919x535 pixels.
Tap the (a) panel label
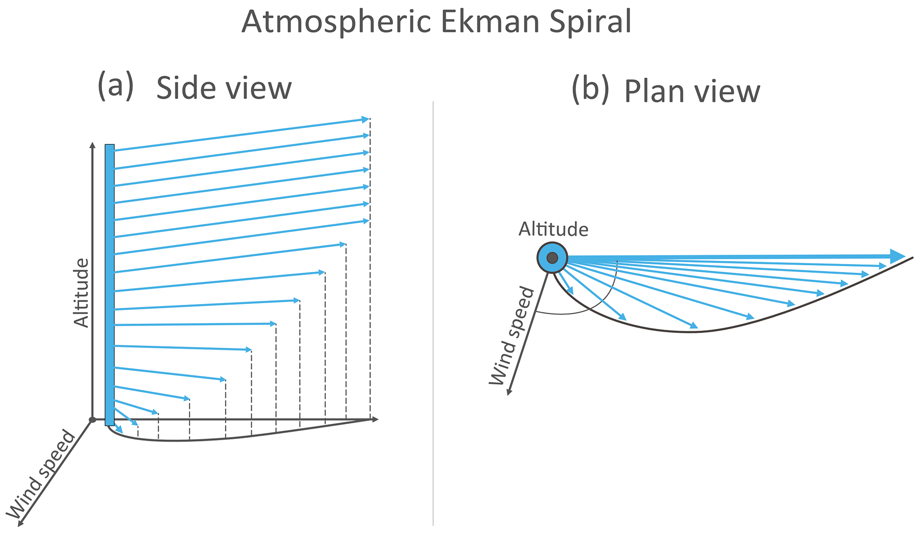pyautogui.click(x=116, y=85)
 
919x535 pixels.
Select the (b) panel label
pyautogui.click(x=590, y=89)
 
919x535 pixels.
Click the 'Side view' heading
pyautogui.click(x=224, y=88)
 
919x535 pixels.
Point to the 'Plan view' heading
pyautogui.click(x=692, y=92)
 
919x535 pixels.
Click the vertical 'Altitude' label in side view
pyautogui.click(x=81, y=292)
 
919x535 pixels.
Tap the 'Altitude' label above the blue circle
pyautogui.click(x=554, y=229)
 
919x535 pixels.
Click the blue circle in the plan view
pyautogui.click(x=552, y=258)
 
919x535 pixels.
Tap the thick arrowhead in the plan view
pyautogui.click(x=898, y=256)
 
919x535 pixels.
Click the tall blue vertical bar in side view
pyautogui.click(x=109, y=285)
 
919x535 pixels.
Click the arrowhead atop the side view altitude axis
pyautogui.click(x=92, y=145)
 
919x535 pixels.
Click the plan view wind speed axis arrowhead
pyautogui.click(x=509, y=391)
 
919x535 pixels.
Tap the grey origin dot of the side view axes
pyautogui.click(x=92, y=419)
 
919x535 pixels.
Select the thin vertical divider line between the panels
pyautogui.click(x=433, y=313)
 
